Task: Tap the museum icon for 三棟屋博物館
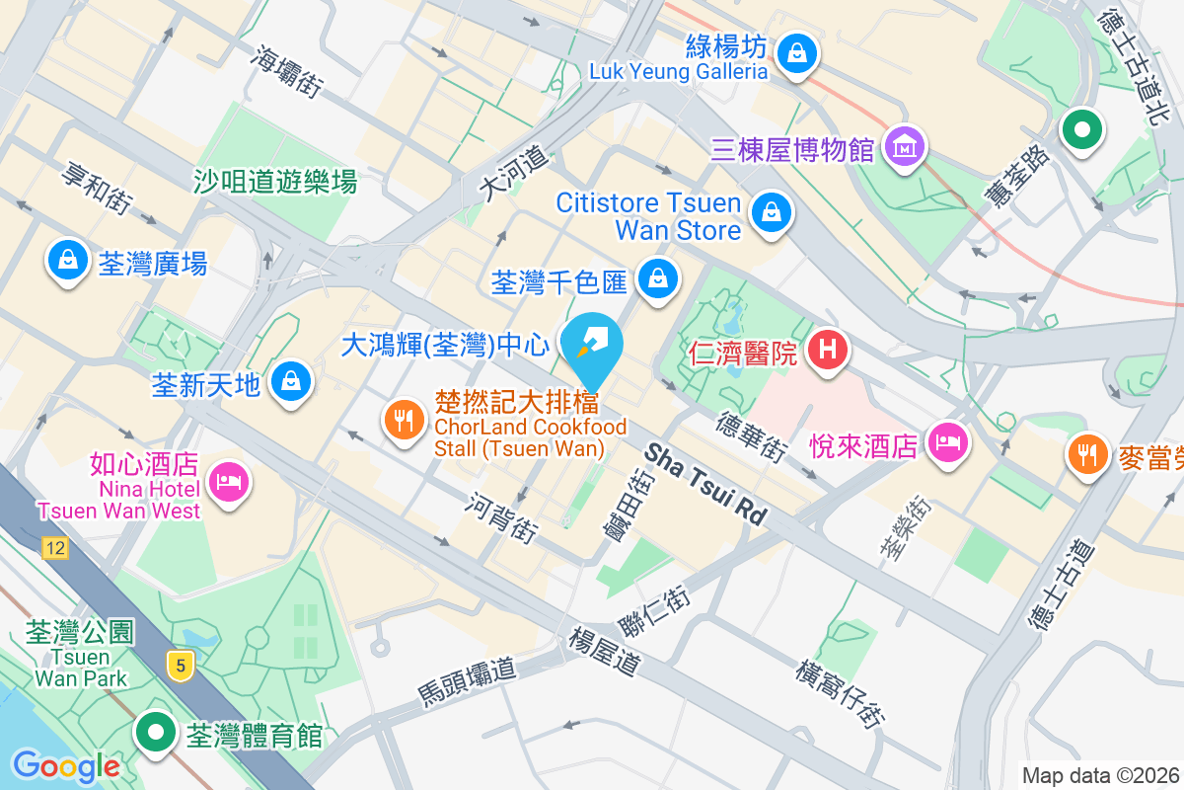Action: click(x=903, y=148)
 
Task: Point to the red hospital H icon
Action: click(x=828, y=350)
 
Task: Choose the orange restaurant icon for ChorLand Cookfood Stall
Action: click(x=403, y=422)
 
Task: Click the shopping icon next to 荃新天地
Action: click(x=291, y=380)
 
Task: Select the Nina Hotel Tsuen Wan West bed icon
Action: click(x=229, y=483)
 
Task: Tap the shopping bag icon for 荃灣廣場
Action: click(x=67, y=261)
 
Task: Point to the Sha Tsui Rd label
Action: click(x=705, y=483)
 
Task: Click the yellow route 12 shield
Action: click(x=55, y=548)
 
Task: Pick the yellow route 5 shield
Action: click(x=179, y=665)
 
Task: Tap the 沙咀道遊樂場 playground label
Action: click(x=274, y=181)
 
